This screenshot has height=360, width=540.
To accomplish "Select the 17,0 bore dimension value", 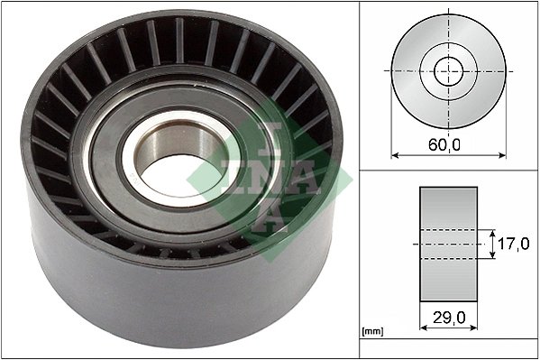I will point(513,243).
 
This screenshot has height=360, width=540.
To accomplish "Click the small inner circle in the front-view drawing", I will point(448,69).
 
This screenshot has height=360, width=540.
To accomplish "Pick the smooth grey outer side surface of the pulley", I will point(135,289).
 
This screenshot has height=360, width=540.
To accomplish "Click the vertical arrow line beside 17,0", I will point(492,243).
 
